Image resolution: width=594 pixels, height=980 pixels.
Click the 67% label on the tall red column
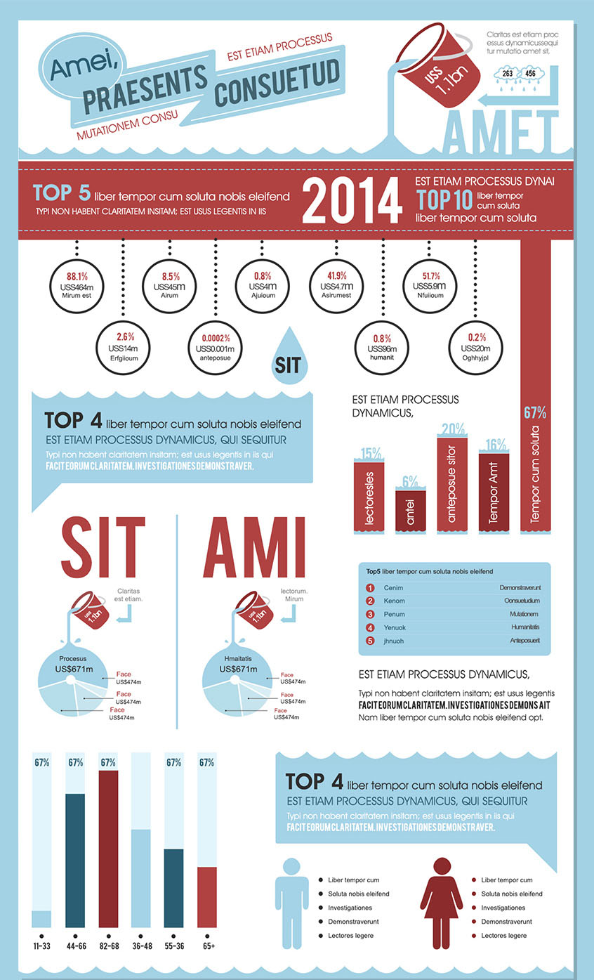(x=535, y=413)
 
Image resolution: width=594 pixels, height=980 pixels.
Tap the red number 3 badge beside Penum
(x=370, y=614)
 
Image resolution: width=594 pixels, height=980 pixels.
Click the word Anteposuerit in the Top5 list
(x=525, y=641)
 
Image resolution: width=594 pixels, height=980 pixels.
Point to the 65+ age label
(x=209, y=946)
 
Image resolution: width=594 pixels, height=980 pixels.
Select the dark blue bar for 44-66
(x=74, y=860)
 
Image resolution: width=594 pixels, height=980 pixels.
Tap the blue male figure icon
(x=296, y=902)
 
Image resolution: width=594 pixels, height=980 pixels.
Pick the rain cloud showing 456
(x=531, y=74)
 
